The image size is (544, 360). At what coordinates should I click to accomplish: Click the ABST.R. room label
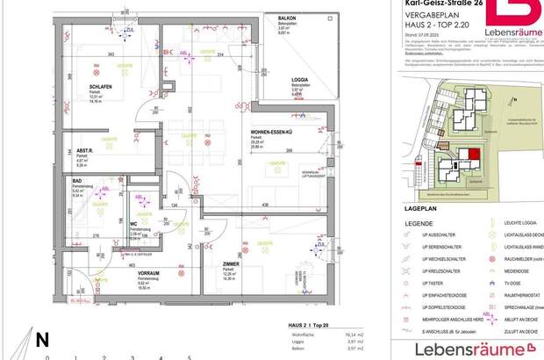(x=72, y=150)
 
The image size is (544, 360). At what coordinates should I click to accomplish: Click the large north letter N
(x=41, y=339)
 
